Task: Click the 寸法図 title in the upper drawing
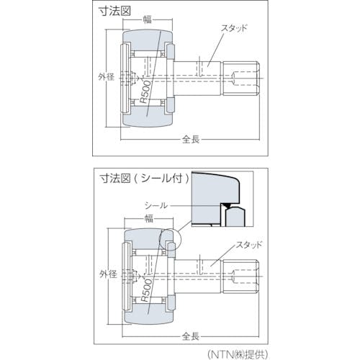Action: pos(115,11)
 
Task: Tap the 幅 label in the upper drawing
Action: pos(148,19)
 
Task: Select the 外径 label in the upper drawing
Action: pos(106,77)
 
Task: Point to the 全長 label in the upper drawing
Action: pos(191,139)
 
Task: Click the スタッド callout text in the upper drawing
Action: pos(234,29)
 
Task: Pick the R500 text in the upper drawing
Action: pos(145,92)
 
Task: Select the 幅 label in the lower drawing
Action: pos(149,219)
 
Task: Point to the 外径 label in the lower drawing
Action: pos(108,274)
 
